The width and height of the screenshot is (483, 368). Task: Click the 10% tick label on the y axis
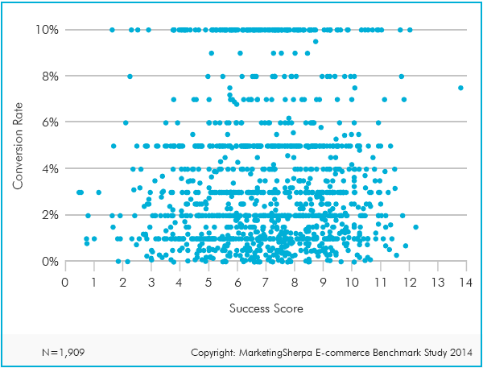click(x=45, y=30)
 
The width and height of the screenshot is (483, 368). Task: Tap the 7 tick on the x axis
click(x=266, y=282)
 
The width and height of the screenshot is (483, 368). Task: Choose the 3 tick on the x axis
click(x=151, y=282)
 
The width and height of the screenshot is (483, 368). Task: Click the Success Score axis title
click(x=265, y=308)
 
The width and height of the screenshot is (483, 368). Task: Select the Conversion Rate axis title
click(x=18, y=146)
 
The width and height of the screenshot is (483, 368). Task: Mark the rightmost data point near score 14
click(x=460, y=88)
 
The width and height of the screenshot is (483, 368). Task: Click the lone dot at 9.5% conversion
click(x=316, y=41)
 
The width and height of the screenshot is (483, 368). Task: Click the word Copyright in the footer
click(x=216, y=353)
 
